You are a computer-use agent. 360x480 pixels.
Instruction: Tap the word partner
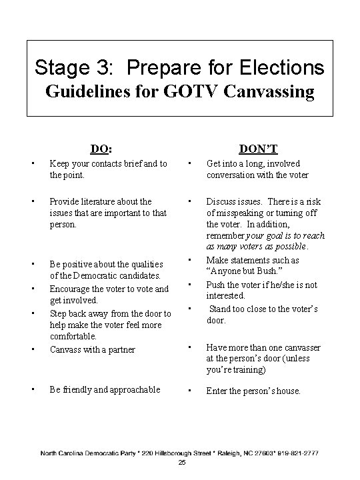121,349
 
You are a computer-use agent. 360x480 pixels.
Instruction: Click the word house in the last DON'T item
287,391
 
